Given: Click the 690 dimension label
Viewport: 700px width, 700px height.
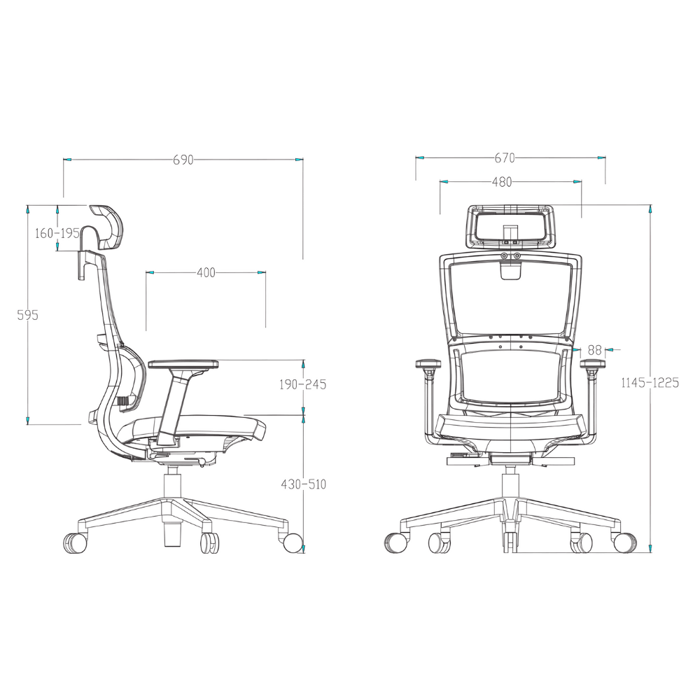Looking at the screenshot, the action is point(183,160).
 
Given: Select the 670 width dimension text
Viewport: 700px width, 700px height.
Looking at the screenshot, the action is point(505,157).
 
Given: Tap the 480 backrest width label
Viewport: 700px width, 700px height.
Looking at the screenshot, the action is point(502,182).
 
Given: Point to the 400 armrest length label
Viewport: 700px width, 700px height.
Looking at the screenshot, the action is point(206,272).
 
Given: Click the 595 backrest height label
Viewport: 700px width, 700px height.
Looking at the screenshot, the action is point(28,315).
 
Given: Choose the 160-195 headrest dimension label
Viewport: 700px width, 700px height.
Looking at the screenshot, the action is point(57,232).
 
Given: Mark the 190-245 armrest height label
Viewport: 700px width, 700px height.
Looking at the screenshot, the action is point(302,384).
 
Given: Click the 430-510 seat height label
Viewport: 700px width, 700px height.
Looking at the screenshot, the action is point(304,484).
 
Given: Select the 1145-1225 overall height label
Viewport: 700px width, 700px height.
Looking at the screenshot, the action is point(650,382).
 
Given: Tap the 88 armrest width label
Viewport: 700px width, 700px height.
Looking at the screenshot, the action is point(594,350).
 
